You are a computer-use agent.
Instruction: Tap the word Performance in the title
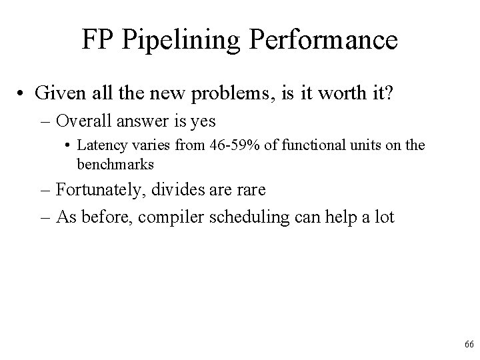[x=322, y=40]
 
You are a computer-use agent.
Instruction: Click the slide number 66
[x=468, y=344]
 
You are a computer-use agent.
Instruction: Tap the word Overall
[x=85, y=121]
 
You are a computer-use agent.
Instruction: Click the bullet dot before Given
[x=22, y=93]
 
